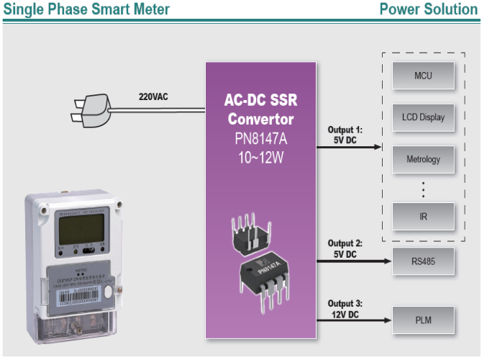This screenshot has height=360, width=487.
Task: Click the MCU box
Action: click(x=423, y=76)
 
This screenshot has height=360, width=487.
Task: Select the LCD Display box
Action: click(x=423, y=117)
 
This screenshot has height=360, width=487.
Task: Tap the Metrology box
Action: click(x=423, y=158)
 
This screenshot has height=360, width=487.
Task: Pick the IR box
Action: click(x=423, y=217)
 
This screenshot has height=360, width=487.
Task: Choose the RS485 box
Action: click(x=423, y=261)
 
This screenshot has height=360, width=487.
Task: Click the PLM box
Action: click(x=423, y=320)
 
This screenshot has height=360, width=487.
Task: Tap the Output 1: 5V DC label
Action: click(x=345, y=135)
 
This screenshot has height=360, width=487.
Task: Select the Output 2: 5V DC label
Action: click(x=345, y=249)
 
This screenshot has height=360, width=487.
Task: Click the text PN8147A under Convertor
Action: click(x=260, y=138)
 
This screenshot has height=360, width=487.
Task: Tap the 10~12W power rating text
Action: click(x=260, y=156)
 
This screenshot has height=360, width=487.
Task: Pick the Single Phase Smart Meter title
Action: click(x=87, y=9)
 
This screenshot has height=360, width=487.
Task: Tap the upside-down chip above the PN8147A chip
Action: click(x=250, y=232)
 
